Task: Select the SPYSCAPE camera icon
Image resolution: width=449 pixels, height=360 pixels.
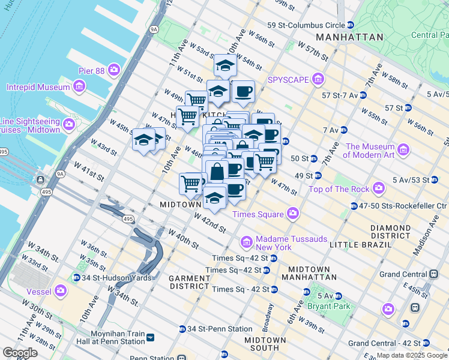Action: click(318, 79)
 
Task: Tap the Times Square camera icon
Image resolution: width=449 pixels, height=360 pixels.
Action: click(293, 213)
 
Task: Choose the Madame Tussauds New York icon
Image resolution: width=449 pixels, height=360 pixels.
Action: click(246, 242)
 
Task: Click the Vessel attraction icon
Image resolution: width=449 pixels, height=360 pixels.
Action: click(60, 291)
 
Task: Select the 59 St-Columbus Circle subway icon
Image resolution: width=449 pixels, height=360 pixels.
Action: click(350, 25)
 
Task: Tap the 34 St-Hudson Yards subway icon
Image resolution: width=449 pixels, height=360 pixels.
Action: click(76, 277)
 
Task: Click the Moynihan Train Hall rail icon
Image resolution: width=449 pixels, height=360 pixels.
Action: click(150, 337)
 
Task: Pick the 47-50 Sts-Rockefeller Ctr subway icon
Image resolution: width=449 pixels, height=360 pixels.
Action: click(354, 206)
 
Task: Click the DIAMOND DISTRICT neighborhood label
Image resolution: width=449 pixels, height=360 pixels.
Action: click(390, 232)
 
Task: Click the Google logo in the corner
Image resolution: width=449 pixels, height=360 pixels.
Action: click(20, 353)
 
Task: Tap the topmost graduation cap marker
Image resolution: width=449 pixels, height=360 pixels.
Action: click(224, 65)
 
